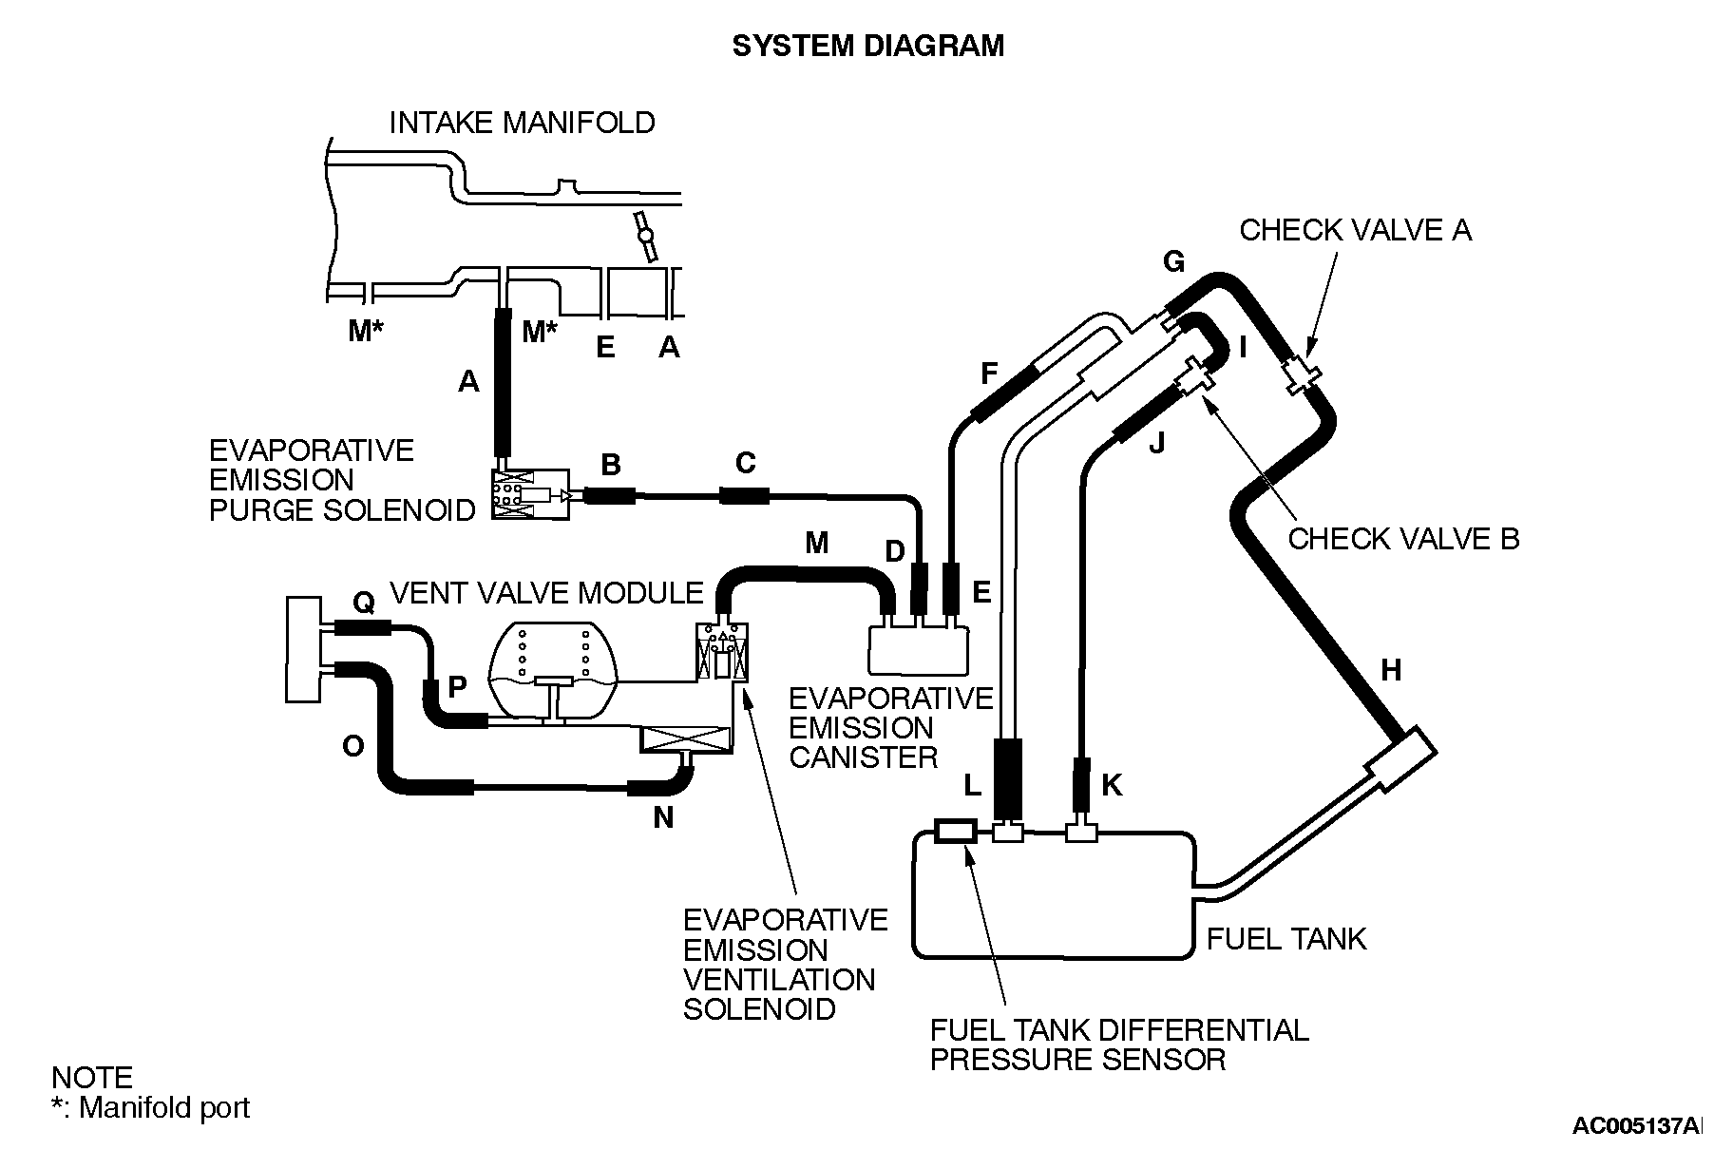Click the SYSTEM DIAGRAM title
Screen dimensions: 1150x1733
click(866, 46)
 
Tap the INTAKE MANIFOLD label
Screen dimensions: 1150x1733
click(522, 123)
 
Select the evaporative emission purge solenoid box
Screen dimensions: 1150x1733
click(529, 494)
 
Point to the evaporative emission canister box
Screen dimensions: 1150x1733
click(918, 649)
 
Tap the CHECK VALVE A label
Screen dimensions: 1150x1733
click(1355, 230)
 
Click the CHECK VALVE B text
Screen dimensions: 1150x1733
click(1402, 539)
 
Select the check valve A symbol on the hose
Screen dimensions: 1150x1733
click(1300, 374)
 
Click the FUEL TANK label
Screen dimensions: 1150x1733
click(1285, 939)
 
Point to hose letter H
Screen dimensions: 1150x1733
click(1390, 671)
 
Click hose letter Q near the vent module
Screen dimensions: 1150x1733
click(363, 603)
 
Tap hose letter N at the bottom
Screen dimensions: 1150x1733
click(663, 817)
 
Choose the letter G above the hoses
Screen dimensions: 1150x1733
click(1173, 261)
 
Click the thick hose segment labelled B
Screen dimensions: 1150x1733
click(608, 495)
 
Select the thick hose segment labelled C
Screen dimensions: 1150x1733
click(744, 495)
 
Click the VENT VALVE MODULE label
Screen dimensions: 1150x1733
click(546, 593)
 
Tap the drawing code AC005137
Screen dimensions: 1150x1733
click(1634, 1126)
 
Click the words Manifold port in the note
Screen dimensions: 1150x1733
click(164, 1107)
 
